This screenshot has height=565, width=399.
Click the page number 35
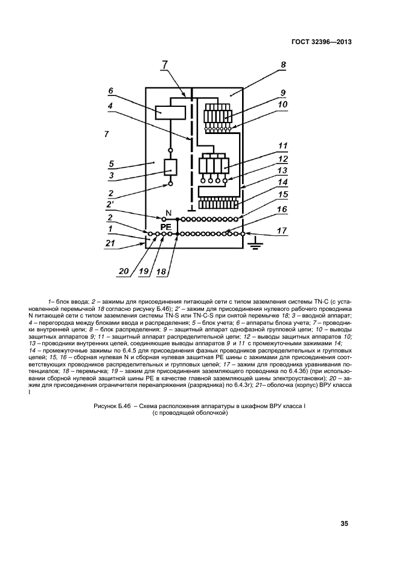(x=344, y=524)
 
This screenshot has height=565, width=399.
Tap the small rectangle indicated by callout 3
(x=170, y=167)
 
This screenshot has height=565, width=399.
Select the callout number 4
(x=110, y=104)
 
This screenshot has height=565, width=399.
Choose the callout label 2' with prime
(x=110, y=205)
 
